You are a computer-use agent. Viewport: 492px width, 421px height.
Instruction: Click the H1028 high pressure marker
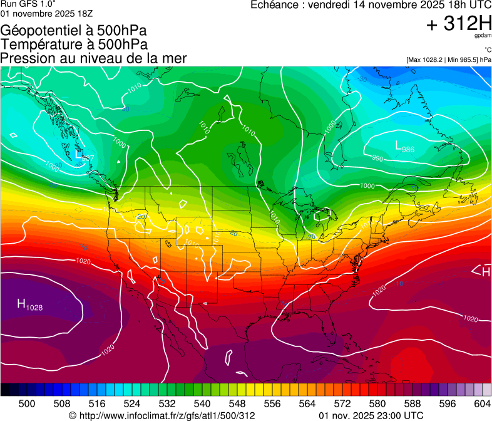[x=29, y=306]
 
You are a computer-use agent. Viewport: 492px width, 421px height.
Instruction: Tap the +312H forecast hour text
[x=459, y=24]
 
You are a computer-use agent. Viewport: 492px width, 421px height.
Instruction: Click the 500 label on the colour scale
[x=27, y=403]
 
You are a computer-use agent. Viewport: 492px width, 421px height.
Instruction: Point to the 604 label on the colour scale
[x=481, y=403]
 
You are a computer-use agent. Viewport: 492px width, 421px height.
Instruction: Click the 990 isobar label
[x=377, y=159]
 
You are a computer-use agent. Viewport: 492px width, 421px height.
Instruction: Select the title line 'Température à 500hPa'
[x=74, y=44]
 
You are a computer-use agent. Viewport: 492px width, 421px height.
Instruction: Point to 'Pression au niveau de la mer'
[x=94, y=58]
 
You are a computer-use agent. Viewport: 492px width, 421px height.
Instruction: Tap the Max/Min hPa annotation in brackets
[x=449, y=60]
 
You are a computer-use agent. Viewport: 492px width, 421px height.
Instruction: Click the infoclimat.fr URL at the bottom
[x=162, y=415]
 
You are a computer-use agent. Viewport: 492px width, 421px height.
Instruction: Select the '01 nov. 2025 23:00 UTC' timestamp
[x=371, y=415]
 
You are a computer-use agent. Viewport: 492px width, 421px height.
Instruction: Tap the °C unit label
[x=487, y=49]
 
